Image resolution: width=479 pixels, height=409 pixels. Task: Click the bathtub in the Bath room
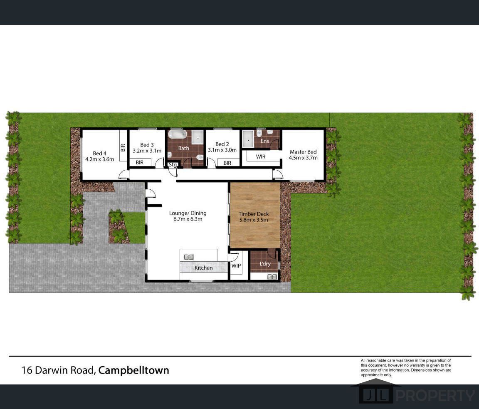tap(178, 134)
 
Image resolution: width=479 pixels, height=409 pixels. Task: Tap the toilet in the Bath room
tap(200, 157)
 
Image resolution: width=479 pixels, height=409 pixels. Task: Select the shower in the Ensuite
tap(248, 139)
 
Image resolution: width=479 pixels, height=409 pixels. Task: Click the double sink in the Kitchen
tap(189, 257)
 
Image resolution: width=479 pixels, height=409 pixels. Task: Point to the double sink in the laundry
tap(272, 277)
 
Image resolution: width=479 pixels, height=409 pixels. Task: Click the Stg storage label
tap(173, 164)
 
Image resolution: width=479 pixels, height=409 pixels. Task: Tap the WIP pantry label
tap(236, 265)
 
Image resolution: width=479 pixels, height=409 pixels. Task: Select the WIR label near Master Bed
tap(261, 156)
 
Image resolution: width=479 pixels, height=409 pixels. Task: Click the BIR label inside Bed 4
tap(123, 148)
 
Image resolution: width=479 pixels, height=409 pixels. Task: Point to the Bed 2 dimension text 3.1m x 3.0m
tap(222, 150)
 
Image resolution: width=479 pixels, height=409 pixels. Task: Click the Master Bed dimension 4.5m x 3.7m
tap(303, 158)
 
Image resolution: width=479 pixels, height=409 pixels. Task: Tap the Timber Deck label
tap(254, 214)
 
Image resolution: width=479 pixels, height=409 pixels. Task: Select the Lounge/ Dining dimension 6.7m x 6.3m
tap(188, 219)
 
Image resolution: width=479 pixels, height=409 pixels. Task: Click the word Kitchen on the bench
tap(203, 268)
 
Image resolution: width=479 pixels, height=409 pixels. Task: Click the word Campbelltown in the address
tap(133, 370)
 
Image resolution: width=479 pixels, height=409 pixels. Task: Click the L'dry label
tap(265, 263)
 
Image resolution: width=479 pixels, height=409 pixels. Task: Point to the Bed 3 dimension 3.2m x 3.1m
tap(147, 151)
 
